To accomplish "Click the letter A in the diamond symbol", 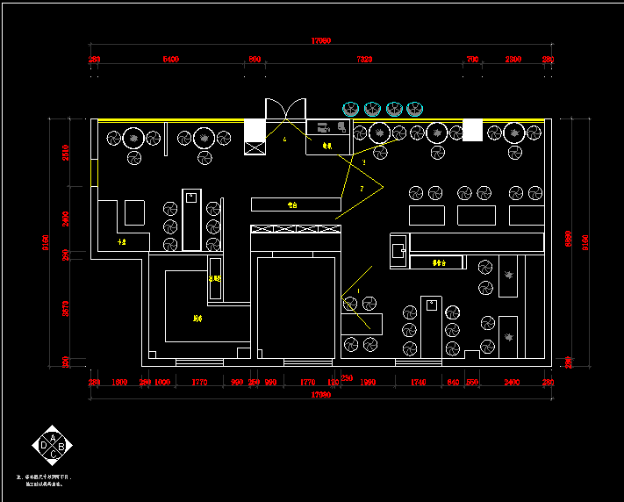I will [53, 437].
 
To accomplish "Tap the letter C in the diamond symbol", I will [53, 456].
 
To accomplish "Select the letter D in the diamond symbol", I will [43, 447].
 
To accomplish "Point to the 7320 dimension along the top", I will [364, 59].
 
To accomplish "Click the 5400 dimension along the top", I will [170, 59].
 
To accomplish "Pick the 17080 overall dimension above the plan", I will [321, 41].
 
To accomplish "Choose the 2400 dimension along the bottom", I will [512, 383].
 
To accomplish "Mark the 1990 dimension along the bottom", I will [369, 383].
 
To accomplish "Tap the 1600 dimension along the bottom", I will [120, 383].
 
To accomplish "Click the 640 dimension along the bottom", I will [453, 383].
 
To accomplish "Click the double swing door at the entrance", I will [286, 109].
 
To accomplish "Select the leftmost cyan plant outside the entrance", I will [351, 109].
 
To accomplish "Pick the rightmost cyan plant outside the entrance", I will [415, 109].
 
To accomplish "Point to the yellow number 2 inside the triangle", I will [361, 189].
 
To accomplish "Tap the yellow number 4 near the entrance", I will [284, 139].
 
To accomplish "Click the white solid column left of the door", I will [255, 130].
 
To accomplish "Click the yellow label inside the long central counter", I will [293, 204].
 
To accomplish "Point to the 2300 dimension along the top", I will [513, 59].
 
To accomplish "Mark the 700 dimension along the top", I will [472, 59].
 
